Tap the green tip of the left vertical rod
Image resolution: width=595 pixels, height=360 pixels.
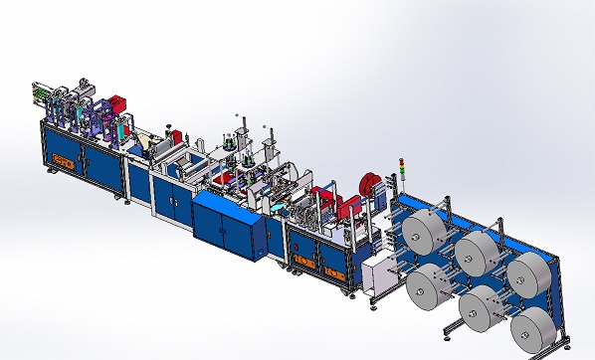[237, 115]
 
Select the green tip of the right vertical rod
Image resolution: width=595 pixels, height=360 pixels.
[265, 127]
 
